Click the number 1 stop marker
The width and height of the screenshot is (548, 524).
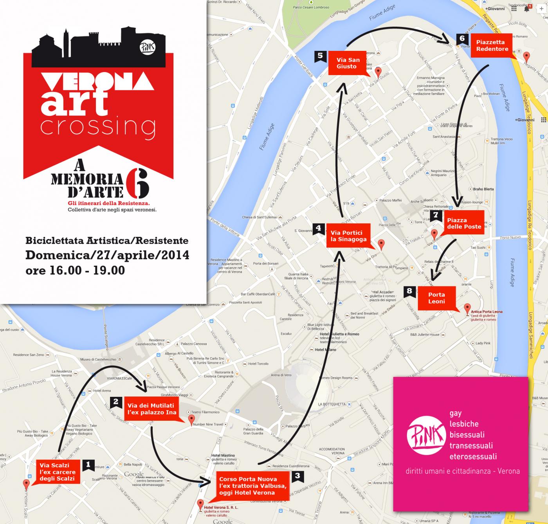(88, 465)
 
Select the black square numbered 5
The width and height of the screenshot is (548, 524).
(320, 56)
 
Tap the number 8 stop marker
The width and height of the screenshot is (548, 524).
(409, 291)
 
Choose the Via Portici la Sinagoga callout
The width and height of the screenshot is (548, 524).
(349, 236)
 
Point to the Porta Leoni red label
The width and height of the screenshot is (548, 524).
(436, 298)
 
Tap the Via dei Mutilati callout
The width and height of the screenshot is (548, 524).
(151, 409)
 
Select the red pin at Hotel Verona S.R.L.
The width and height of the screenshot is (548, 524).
(200, 504)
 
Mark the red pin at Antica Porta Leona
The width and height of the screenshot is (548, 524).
(467, 308)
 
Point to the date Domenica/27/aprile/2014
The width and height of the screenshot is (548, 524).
(107, 255)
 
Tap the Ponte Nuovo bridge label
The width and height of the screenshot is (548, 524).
(510, 238)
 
